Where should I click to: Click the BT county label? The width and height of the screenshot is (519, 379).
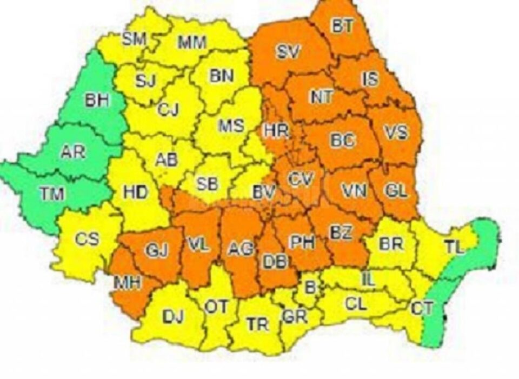(340, 26)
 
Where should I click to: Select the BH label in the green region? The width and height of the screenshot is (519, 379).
(98, 101)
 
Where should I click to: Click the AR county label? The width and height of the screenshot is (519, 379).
(73, 152)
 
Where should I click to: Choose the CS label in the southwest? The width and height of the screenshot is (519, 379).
(86, 238)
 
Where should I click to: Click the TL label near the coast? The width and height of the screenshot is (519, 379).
(455, 248)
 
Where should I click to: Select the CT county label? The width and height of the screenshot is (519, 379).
(422, 309)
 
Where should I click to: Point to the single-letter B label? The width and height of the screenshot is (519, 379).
(310, 287)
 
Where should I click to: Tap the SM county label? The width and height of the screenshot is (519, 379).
(134, 39)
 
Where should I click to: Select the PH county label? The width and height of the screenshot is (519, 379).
(303, 242)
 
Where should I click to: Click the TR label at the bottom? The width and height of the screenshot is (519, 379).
(257, 324)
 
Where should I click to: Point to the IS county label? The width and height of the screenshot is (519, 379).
(370, 79)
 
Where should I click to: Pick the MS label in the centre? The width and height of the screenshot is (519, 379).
(231, 127)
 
